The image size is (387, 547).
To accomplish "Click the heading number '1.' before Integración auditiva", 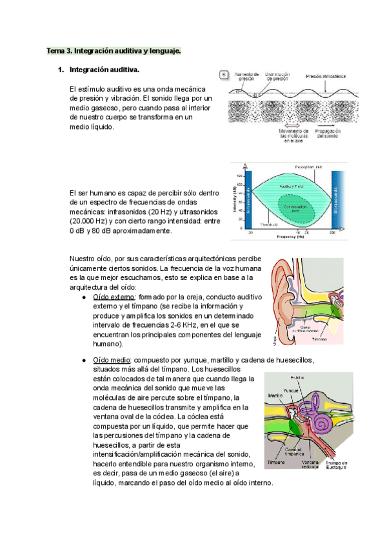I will (x=60, y=69).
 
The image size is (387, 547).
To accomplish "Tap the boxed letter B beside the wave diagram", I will (x=224, y=75).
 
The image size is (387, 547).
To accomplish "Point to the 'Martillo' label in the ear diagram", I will (x=275, y=395).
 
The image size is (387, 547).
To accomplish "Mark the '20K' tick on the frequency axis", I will (x=332, y=232).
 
